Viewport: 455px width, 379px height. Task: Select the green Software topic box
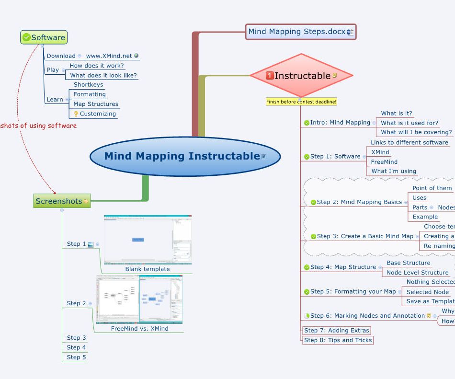[44, 37]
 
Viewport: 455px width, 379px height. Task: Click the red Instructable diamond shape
[301, 76]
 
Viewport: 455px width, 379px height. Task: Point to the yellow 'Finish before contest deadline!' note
[301, 102]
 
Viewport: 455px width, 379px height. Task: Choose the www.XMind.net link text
[109, 56]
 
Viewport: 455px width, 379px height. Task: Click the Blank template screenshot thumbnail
[148, 240]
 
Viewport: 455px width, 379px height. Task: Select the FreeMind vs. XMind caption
[139, 329]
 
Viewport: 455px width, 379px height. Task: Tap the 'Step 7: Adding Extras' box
[336, 331]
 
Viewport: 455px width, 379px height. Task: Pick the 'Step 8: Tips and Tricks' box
[338, 340]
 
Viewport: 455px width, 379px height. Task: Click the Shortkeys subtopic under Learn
[88, 85]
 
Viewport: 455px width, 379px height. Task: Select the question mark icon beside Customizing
[76, 114]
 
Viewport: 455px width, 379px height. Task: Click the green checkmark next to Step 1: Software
[307, 157]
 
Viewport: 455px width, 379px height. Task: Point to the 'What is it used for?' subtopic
[409, 123]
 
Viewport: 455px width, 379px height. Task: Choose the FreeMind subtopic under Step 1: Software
[384, 162]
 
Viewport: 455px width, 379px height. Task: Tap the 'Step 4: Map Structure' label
[343, 267]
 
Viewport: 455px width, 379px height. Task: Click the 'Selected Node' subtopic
[427, 292]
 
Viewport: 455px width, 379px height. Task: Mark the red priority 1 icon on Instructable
[270, 76]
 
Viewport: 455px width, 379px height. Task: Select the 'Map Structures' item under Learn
[95, 104]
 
